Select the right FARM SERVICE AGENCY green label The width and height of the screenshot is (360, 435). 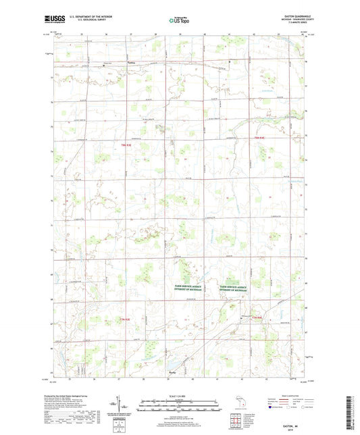click(x=234, y=287)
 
